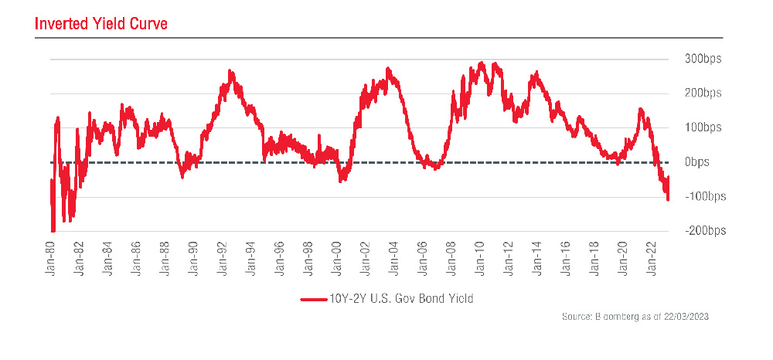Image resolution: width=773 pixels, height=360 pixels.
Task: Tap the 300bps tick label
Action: tap(702, 59)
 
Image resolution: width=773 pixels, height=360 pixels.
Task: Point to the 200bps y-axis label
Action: tap(702, 93)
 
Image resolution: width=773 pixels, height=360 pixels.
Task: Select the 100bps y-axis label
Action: tap(702, 127)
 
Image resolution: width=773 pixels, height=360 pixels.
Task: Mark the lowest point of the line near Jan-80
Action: tap(53, 230)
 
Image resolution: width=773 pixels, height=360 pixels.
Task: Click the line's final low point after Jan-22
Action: tap(668, 200)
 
